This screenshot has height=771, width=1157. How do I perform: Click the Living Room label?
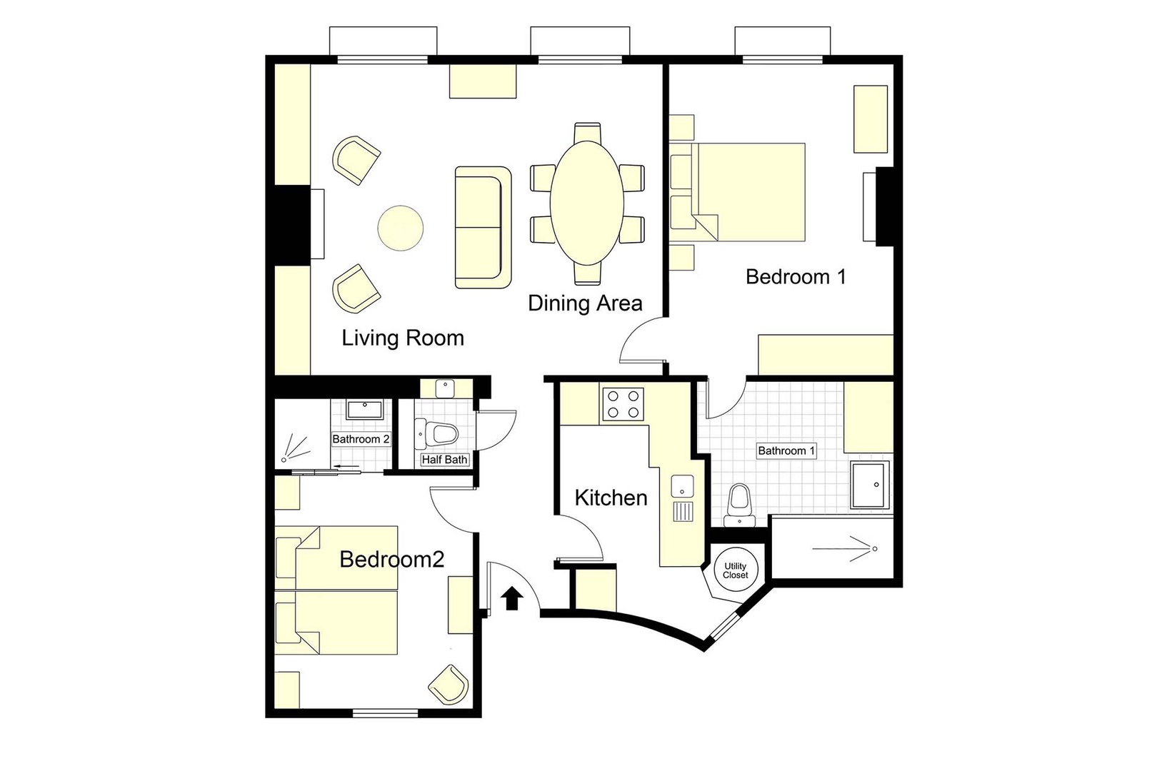coord(403,338)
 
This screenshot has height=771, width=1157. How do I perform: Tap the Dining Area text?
coord(585,303)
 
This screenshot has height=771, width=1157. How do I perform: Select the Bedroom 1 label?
coord(796,277)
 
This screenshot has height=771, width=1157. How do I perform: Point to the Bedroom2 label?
coord(391,559)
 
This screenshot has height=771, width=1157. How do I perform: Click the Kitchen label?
coord(611,498)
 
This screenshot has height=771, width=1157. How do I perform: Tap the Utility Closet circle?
coord(735,570)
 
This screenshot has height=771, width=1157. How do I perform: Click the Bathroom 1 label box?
coord(786,450)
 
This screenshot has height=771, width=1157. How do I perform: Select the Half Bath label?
coord(444,460)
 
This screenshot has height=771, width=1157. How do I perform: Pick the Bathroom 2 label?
coord(361,439)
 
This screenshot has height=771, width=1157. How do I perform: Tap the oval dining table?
coord(586,203)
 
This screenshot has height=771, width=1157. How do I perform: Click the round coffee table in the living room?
coord(400,228)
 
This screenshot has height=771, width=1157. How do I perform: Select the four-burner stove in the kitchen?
coord(623,404)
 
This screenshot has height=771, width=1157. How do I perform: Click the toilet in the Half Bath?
coord(437,433)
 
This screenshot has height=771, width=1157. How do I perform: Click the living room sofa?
coord(483,228)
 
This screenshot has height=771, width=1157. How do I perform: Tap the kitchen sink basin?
coord(682,486)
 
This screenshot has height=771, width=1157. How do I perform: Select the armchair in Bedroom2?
coord(449,683)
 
